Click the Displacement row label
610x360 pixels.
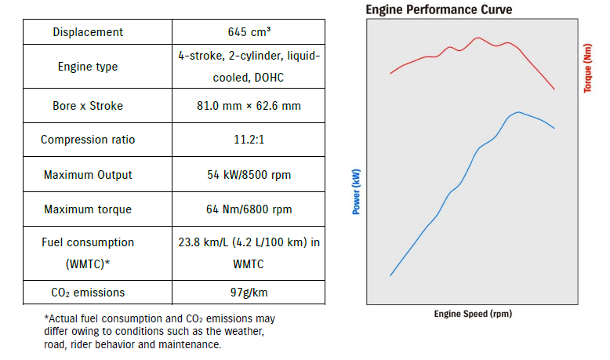[x=88, y=32]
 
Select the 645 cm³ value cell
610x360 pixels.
[x=249, y=32]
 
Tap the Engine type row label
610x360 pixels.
[x=88, y=67]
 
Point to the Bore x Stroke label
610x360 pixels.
[x=88, y=105]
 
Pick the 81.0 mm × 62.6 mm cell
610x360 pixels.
[x=249, y=105]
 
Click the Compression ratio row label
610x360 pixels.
[x=88, y=140]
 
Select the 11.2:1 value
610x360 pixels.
[x=249, y=140]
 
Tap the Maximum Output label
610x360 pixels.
[x=88, y=174]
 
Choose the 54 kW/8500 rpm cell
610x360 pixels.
[x=249, y=174]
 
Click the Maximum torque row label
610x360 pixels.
[x=88, y=209]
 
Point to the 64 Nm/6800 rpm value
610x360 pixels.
[x=249, y=209]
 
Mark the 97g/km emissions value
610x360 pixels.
[x=249, y=293]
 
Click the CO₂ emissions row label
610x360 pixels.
[x=88, y=293]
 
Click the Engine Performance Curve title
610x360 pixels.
[x=439, y=9]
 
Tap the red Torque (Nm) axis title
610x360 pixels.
[x=587, y=67]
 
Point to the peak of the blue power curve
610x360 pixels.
[x=518, y=112]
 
